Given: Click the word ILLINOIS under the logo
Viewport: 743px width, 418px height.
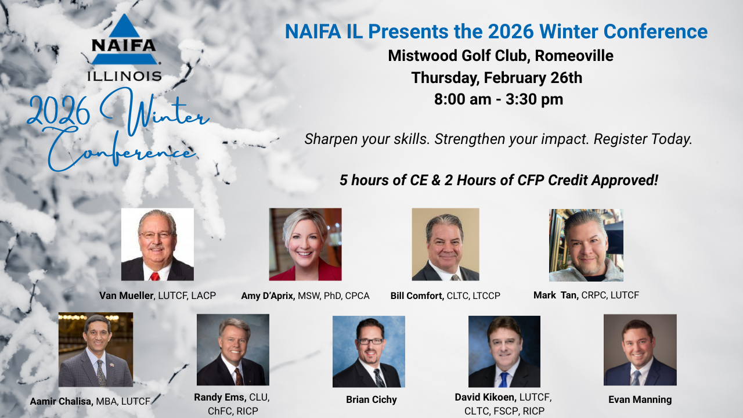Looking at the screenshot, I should [124, 76].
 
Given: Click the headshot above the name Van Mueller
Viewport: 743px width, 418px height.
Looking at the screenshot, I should [157, 244].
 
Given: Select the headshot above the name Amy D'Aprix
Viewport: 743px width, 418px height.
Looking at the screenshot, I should [305, 244].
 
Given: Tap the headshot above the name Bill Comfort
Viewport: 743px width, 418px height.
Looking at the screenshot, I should [445, 244].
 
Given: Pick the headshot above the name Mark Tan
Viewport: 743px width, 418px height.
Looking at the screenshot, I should [586, 245].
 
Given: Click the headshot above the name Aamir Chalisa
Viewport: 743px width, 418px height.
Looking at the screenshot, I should [96, 349].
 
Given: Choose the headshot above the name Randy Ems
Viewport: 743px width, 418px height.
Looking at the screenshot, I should [233, 350].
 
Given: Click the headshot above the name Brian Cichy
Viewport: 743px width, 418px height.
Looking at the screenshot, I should [369, 351].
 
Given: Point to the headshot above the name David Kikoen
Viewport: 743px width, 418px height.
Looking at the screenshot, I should [504, 351].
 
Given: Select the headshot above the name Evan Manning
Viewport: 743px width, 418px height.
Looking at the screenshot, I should [640, 350].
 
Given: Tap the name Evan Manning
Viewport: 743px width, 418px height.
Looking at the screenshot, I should [640, 399].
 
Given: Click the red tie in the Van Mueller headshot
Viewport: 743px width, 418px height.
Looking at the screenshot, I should [154, 276].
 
